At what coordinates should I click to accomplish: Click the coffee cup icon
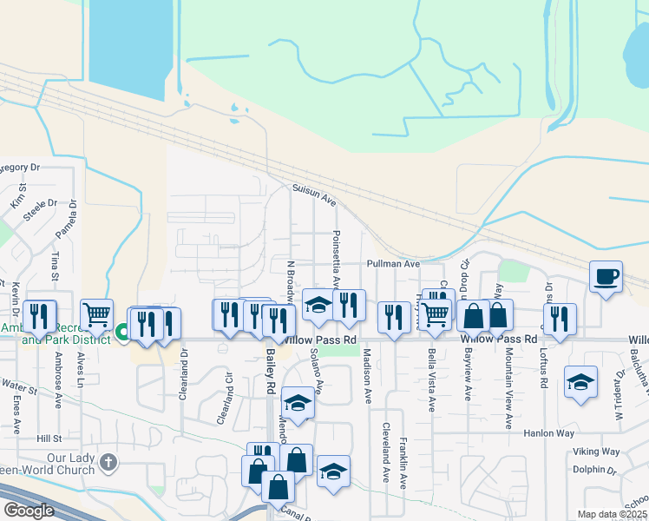click(x=606, y=277)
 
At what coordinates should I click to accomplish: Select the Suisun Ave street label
click(x=313, y=194)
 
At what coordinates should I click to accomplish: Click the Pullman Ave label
click(x=393, y=263)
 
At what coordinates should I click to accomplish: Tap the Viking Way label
click(x=596, y=452)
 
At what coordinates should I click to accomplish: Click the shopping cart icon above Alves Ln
click(x=96, y=314)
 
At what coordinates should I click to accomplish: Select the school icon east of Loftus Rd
click(x=580, y=382)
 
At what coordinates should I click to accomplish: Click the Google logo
click(x=29, y=511)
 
